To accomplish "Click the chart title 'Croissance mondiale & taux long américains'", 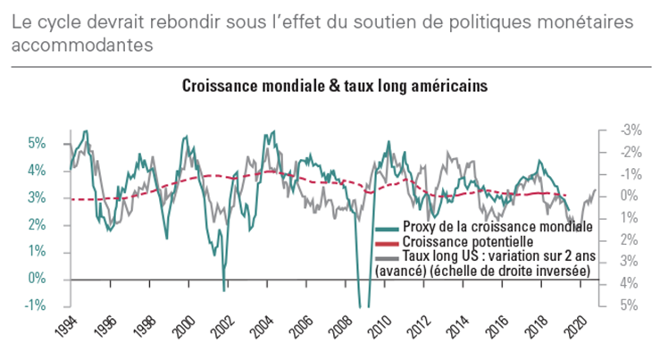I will pyautogui.click(x=333, y=87).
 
